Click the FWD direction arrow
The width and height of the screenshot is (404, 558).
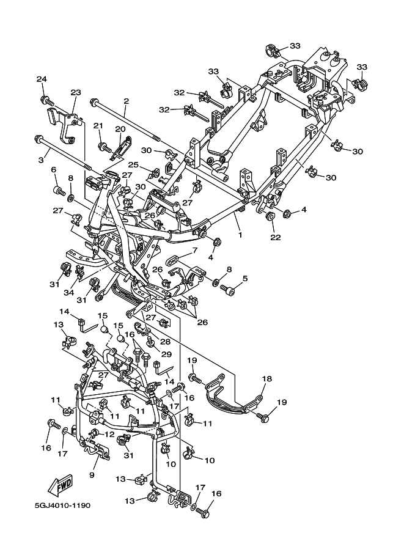click(61, 485)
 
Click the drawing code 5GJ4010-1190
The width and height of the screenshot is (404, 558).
click(62, 505)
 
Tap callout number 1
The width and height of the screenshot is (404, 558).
click(240, 235)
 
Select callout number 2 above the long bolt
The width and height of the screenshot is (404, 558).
click(126, 101)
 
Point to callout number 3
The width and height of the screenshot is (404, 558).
click(42, 161)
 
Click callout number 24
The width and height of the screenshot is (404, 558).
click(42, 79)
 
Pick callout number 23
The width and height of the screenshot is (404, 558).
click(75, 92)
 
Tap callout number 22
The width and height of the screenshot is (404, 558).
click(276, 237)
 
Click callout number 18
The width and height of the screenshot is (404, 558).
click(266, 379)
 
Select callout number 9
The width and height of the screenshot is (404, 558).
click(92, 475)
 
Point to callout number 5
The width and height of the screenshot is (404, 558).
click(245, 278)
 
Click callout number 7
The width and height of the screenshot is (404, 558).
click(195, 251)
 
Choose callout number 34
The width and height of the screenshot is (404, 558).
click(68, 292)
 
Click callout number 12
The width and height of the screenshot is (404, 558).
click(109, 434)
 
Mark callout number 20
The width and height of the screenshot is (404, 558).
click(120, 128)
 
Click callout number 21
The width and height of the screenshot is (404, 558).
click(98, 126)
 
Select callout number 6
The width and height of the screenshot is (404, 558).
click(54, 170)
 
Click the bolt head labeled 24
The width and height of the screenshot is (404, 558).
click(45, 100)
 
